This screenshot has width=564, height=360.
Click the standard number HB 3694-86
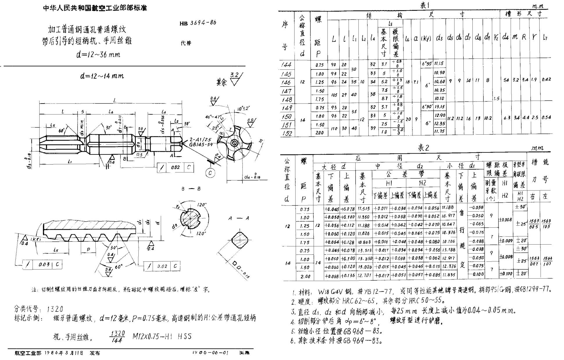pos(198,23)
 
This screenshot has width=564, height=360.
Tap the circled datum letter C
pos(210,173)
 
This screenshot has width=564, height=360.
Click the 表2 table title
pos(423,148)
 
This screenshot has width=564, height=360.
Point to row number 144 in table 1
pos(286,65)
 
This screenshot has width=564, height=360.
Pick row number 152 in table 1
pos(287,133)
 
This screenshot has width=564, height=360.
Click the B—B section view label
pos(191,189)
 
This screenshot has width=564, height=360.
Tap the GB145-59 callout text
pos(201,144)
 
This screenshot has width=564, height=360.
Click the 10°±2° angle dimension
pos(243,108)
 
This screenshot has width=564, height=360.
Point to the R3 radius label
pos(140,155)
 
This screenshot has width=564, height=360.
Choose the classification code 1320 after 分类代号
pos(55,309)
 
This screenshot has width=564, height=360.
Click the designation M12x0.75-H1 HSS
pos(162,336)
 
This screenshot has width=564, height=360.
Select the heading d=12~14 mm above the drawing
pos(102,76)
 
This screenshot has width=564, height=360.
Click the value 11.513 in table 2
pos(364,208)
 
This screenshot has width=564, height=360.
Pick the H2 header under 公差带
pos(422,183)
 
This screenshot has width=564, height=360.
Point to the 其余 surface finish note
pos(222,83)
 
